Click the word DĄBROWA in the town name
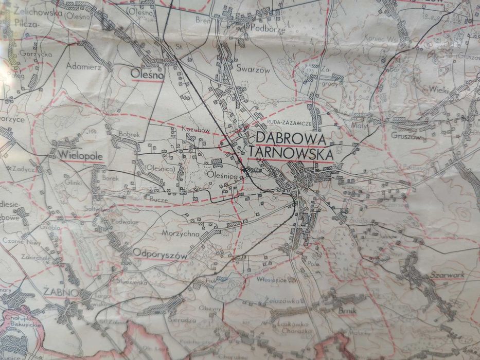(291, 138)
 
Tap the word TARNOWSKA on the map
(291, 153)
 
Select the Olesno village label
(147, 75)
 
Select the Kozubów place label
(196, 130)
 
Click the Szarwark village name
(448, 275)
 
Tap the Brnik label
(347, 311)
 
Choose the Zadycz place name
(25, 169)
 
